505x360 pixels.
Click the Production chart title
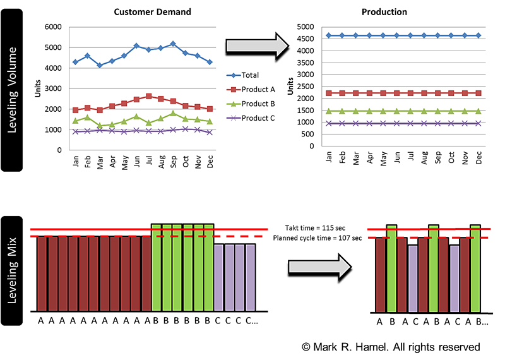[384, 12]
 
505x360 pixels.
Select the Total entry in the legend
[249, 75]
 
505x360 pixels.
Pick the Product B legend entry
[256, 104]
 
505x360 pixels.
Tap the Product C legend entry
[256, 118]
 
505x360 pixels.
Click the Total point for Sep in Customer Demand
[172, 44]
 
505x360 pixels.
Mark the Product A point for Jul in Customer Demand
[148, 97]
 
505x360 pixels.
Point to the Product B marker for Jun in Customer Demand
[136, 117]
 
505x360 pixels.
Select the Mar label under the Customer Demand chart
[100, 162]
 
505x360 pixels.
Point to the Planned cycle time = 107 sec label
[318, 238]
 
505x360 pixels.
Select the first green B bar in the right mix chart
[391, 268]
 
